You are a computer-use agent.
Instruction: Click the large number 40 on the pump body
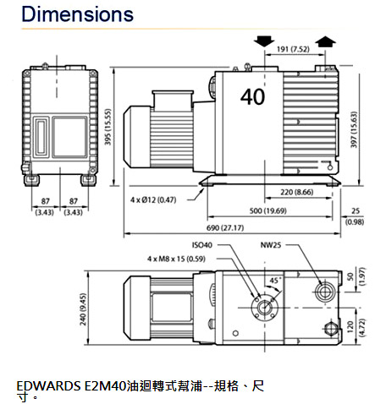click(252, 96)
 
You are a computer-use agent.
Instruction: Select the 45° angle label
click(275, 280)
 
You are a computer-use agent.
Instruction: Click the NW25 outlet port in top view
click(323, 292)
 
